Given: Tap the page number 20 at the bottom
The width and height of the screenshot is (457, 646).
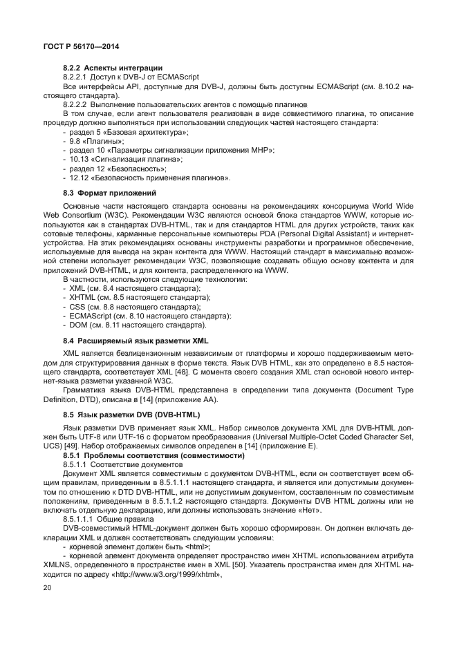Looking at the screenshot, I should pyautogui.click(x=47, y=587).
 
